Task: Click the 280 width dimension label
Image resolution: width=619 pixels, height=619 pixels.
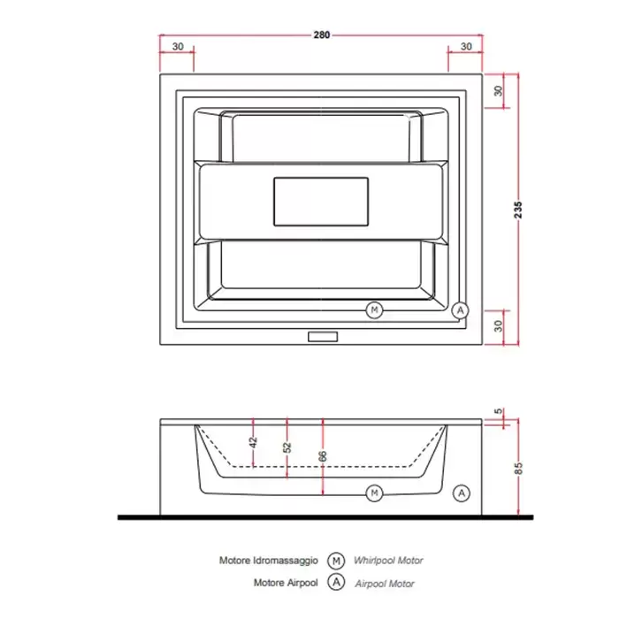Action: pos(321,35)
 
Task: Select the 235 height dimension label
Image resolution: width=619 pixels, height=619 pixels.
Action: pos(518,210)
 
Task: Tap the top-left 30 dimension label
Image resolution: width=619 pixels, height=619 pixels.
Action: pos(178,47)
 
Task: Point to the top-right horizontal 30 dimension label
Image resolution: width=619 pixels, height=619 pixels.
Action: pos(466,47)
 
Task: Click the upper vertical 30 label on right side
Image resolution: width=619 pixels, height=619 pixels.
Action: pos(498,91)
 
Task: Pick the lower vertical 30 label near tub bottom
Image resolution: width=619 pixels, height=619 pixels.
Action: pos(498,326)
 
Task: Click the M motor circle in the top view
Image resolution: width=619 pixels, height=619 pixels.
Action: pos(374,309)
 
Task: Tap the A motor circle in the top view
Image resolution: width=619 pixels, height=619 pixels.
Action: pos(460,310)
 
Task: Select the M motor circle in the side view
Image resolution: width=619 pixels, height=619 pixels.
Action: pos(374,493)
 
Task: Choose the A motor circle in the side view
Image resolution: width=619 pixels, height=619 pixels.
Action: pos(462,493)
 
